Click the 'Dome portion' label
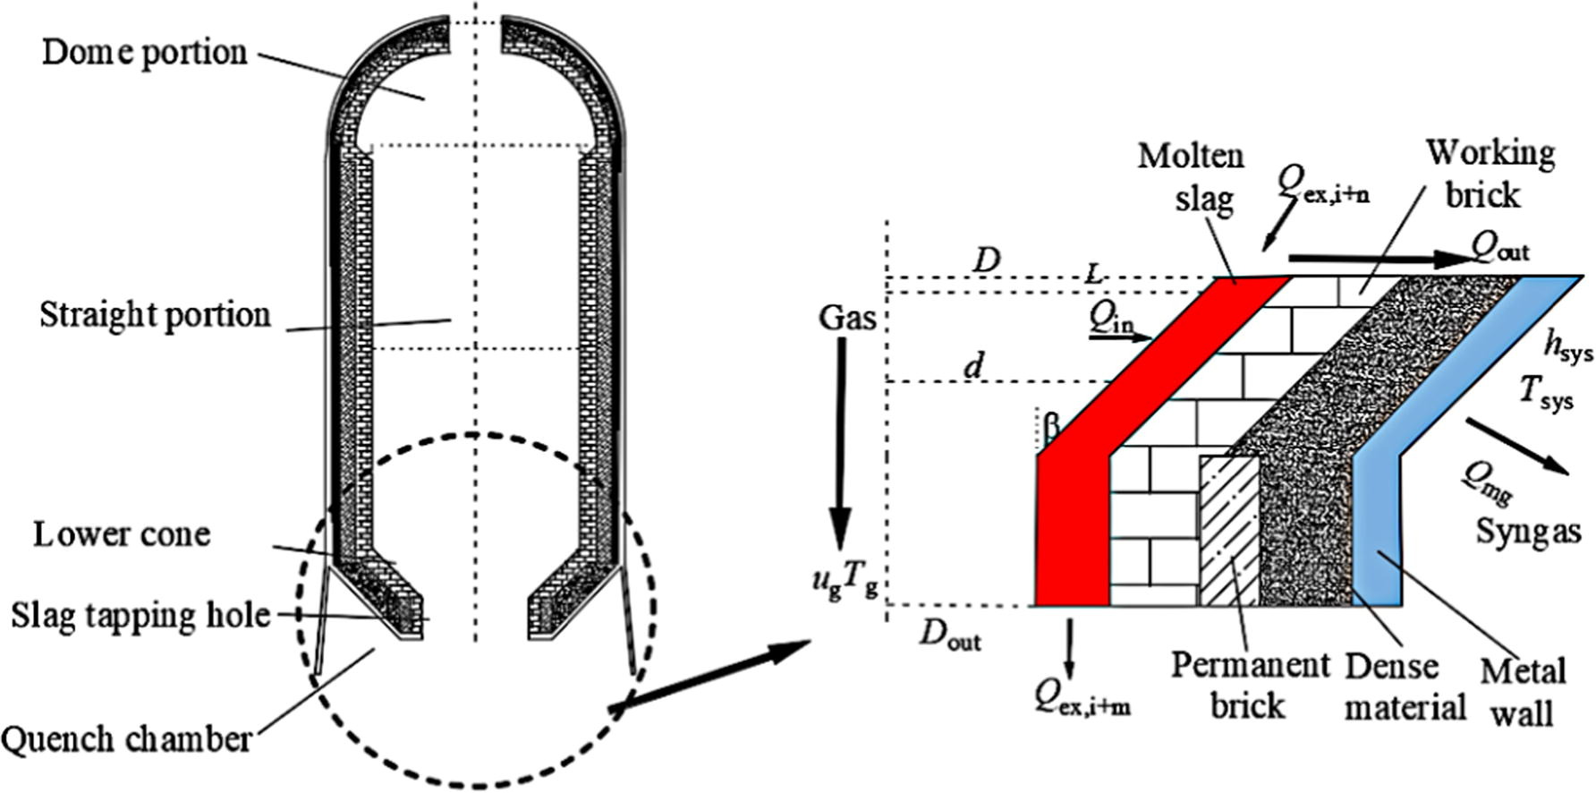(x=144, y=53)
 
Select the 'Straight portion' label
(x=155, y=315)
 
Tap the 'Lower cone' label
(x=122, y=534)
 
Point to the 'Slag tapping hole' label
(x=140, y=616)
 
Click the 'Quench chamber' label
(x=126, y=740)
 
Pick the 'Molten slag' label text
(x=1191, y=176)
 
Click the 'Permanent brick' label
(x=1250, y=685)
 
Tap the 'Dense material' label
(x=1404, y=686)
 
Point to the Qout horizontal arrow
(x=1378, y=259)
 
